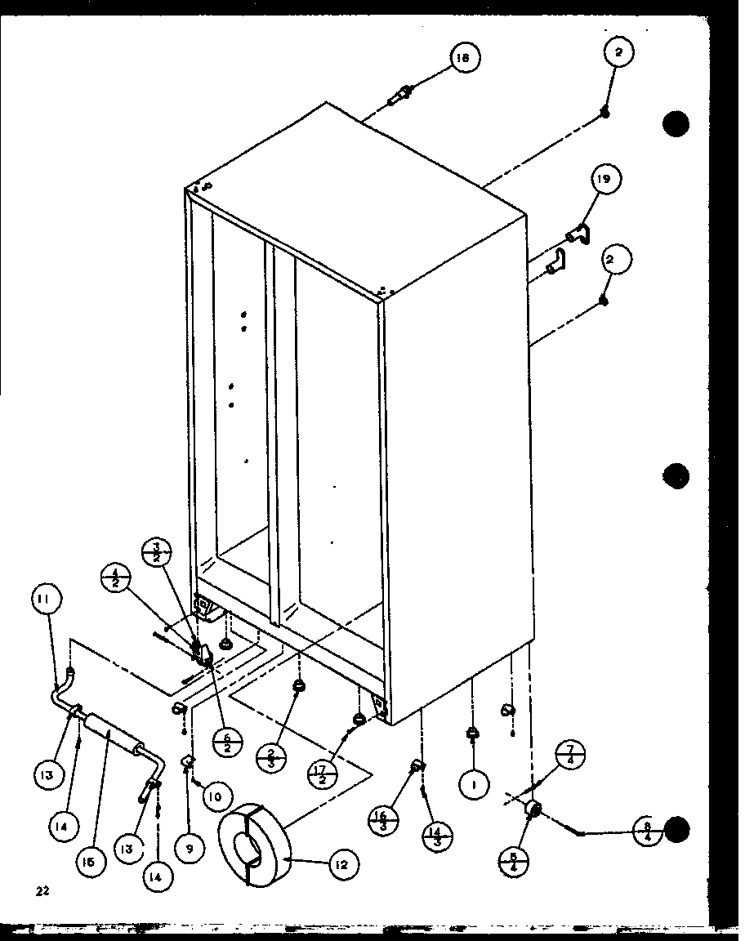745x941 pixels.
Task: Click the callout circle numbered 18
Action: click(x=463, y=57)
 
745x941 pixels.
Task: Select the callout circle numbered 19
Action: click(x=606, y=179)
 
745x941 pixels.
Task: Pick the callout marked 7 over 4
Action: click(x=571, y=756)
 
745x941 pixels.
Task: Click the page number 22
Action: click(x=42, y=891)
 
